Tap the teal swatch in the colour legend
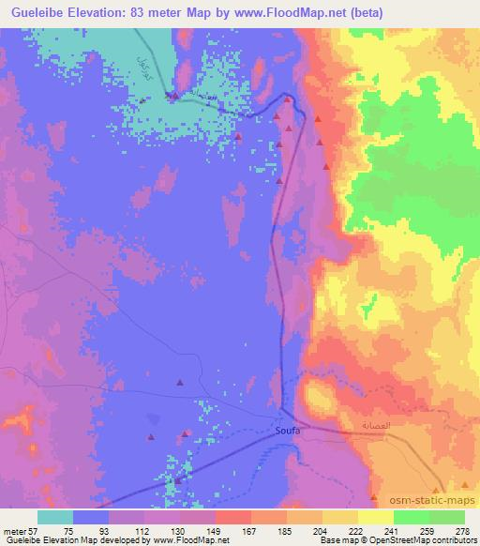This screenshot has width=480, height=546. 55,517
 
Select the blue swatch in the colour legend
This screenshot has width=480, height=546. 91,517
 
